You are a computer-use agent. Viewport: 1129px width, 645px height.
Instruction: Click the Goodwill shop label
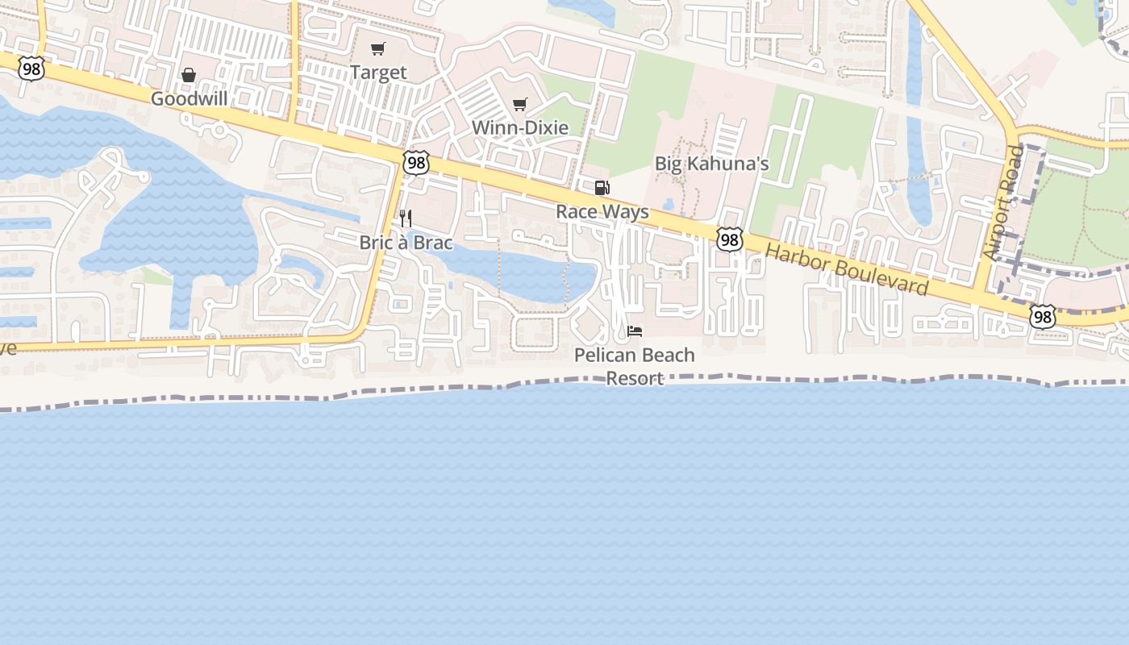coord(190,98)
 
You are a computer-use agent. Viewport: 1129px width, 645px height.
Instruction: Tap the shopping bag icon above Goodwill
coord(189,75)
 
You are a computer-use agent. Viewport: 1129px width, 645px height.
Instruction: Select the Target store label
coord(378,73)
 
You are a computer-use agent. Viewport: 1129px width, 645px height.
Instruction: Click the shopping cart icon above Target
coord(378,49)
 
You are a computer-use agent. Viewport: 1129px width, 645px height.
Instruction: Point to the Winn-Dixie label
coord(520,127)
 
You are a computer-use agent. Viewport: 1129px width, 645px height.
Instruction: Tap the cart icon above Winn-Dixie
coord(520,104)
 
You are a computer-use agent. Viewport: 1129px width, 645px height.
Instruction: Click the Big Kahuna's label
coord(711,164)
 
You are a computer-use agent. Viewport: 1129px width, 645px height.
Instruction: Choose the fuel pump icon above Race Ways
coord(602,188)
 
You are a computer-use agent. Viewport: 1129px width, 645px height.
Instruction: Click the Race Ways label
coord(602,212)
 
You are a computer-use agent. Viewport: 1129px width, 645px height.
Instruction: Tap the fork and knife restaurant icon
coord(406,218)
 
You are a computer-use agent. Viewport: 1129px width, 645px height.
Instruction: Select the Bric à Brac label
coord(406,242)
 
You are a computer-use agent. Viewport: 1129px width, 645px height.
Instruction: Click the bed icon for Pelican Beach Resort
coord(635,331)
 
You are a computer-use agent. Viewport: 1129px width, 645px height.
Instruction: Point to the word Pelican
coord(604,355)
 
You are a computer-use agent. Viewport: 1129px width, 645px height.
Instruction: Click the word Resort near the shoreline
coord(635,378)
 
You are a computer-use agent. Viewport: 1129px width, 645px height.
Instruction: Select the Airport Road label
coord(1002,202)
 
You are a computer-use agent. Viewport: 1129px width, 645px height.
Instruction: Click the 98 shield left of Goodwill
coord(31,69)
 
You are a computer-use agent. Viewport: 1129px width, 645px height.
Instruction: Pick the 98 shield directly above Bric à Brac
coord(416,163)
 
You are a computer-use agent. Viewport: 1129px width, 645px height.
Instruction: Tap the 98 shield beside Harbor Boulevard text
coord(729,239)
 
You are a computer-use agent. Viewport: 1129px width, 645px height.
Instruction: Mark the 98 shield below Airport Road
coord(1043,317)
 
